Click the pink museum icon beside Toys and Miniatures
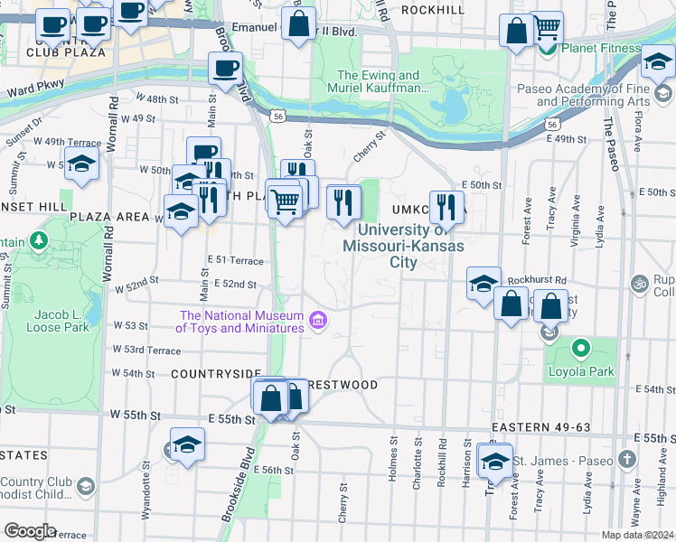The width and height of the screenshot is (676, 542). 317,321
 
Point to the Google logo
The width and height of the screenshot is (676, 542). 29,531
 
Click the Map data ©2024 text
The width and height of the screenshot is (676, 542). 638,535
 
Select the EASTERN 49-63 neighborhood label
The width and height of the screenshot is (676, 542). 540,426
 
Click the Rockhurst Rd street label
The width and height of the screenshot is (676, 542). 535,280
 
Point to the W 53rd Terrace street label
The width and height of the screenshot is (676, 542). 146,350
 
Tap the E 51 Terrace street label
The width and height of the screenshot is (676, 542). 235,260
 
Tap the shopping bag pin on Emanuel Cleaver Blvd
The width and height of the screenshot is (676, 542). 298,24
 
